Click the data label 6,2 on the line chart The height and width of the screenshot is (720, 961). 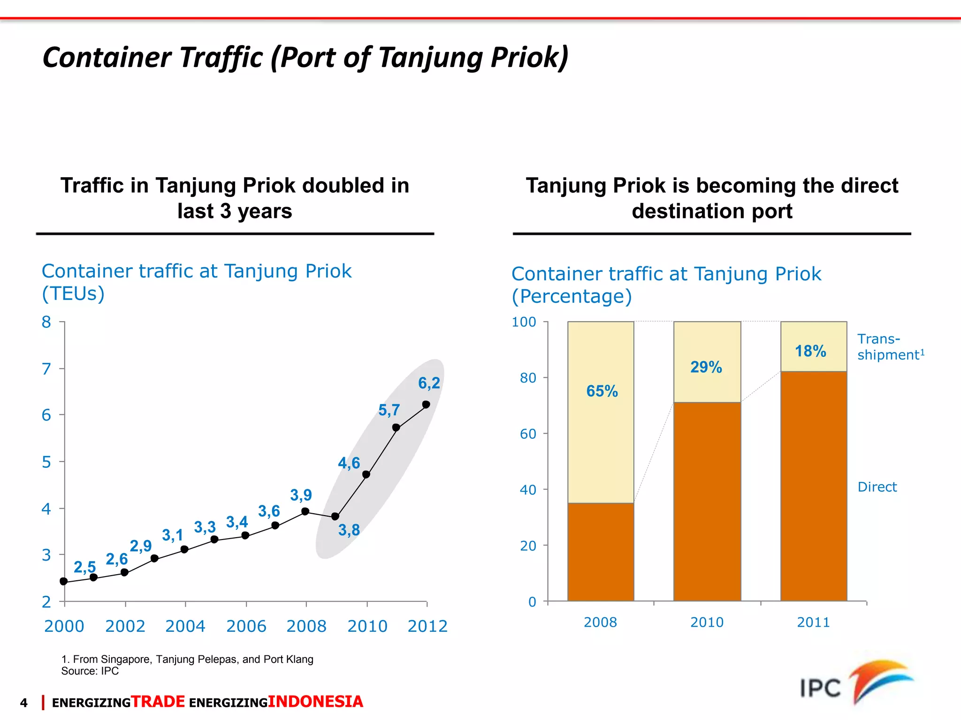tap(429, 383)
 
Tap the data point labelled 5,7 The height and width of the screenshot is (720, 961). tap(396, 427)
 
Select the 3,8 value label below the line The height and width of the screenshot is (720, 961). tap(349, 530)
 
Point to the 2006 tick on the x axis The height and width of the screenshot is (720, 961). tap(246, 626)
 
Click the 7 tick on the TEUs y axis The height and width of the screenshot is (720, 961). tap(46, 369)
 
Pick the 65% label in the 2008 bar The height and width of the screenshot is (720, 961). tap(602, 391)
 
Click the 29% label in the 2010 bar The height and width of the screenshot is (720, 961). tap(706, 367)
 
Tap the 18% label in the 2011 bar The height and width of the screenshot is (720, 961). tap(810, 351)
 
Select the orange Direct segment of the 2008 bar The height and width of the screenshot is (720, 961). tap(601, 552)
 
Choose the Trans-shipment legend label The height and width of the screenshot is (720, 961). tap(890, 347)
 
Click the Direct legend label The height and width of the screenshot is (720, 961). tap(877, 487)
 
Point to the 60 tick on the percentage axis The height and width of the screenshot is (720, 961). tap(528, 434)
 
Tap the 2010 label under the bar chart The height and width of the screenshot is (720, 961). tap(707, 622)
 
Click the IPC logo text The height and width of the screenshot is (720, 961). tap(820, 689)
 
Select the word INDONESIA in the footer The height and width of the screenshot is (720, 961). tap(315, 702)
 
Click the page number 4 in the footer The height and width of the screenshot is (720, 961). tap(24, 703)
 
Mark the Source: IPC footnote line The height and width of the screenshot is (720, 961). tap(90, 671)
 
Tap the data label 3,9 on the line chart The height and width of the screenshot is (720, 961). tap(301, 495)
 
